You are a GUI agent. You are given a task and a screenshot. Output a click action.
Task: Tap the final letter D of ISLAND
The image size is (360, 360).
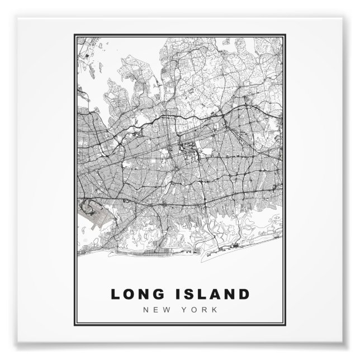tap(244, 294)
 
